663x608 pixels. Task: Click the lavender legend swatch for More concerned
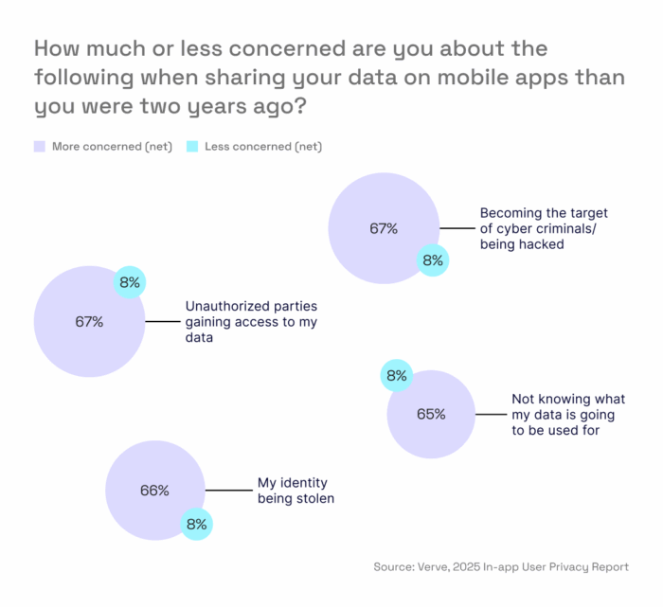tap(40, 147)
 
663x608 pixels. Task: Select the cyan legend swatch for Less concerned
tap(191, 147)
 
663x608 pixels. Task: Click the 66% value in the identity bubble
tap(154, 491)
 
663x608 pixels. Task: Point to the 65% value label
tap(430, 414)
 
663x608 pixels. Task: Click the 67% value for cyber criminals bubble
tap(384, 228)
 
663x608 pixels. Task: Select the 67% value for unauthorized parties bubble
tap(88, 321)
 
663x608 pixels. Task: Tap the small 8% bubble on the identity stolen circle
tap(197, 524)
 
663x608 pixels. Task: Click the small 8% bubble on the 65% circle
tap(396, 376)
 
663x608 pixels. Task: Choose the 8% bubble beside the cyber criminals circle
tap(433, 260)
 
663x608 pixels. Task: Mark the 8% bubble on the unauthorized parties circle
tap(129, 282)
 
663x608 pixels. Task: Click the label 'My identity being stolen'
tap(296, 491)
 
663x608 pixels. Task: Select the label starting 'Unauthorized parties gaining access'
tap(251, 322)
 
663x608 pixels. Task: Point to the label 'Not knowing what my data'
tap(568, 414)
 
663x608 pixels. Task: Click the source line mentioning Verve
tap(501, 567)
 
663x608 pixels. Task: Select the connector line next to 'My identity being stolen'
tap(227, 490)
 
